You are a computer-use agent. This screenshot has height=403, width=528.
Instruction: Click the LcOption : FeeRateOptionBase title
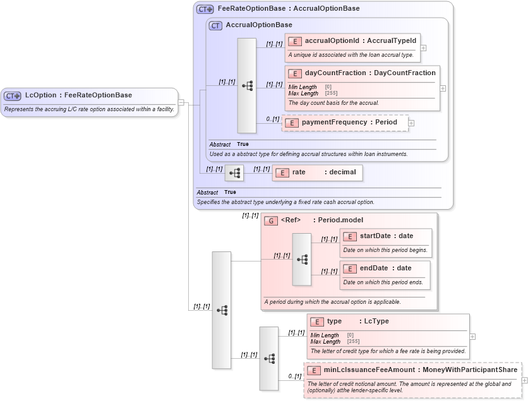point(78,95)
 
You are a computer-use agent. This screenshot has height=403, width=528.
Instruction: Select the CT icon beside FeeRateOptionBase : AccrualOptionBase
point(205,9)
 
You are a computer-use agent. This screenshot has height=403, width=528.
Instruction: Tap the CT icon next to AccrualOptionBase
point(215,25)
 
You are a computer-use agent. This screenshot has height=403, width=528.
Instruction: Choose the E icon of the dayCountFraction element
point(294,73)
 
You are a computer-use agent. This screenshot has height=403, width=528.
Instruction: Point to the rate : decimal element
point(318,172)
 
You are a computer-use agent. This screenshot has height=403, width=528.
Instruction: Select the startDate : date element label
point(386,236)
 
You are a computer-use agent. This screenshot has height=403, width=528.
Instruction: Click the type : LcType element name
point(357,322)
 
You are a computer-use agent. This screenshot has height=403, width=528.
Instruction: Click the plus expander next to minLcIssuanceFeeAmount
point(524,380)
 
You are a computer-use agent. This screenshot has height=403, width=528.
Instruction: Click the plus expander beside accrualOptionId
point(423,47)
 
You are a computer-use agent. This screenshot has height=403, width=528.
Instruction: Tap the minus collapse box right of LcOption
point(181,102)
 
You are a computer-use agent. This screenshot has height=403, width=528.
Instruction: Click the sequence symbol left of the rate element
point(234,172)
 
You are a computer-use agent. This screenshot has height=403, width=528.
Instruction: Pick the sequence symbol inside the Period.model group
point(302,260)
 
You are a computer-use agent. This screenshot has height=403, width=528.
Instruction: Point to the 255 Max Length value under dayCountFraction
point(330,93)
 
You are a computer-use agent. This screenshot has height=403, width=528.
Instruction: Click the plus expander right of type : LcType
point(472,337)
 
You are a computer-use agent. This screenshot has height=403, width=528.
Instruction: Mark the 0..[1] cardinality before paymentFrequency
point(272,119)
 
